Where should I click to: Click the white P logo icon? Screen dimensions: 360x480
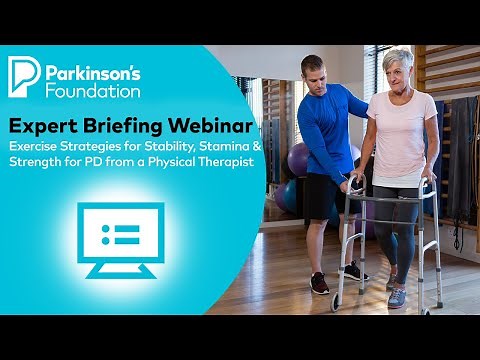[x=24, y=76]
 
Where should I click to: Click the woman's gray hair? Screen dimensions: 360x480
[x=399, y=56]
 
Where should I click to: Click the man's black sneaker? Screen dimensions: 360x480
[x=319, y=284]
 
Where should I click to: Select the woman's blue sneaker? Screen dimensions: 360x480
[x=397, y=297]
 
